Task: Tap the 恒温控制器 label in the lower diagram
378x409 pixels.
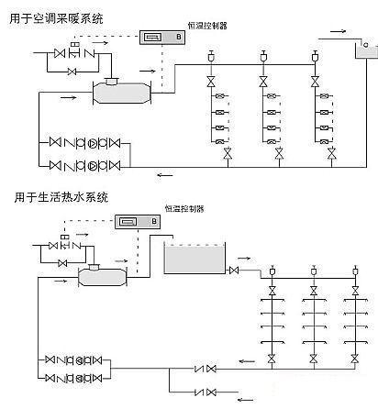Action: pyautogui.click(x=183, y=209)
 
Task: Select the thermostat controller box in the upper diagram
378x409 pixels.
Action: pyautogui.click(x=161, y=37)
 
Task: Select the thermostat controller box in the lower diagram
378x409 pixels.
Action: pyautogui.click(x=135, y=221)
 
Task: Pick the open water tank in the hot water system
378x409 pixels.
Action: pyautogui.click(x=195, y=260)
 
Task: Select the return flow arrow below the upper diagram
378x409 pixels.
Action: pyautogui.click(x=164, y=175)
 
